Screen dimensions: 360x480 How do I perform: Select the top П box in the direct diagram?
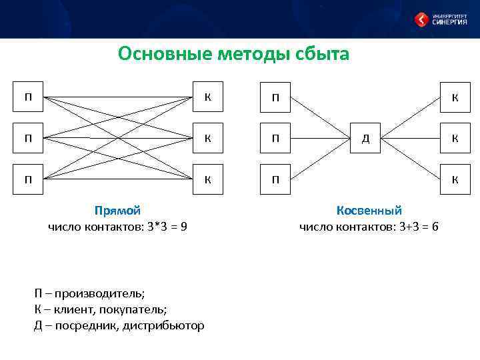point(29,97)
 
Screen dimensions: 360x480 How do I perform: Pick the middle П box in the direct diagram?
point(29,139)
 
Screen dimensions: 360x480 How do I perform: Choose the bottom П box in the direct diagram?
point(29,179)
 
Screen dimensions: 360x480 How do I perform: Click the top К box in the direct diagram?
point(207,97)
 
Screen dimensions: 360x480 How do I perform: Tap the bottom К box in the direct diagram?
point(207,179)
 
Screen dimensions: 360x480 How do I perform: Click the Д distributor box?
point(365,139)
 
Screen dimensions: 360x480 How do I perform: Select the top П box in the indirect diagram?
point(274,97)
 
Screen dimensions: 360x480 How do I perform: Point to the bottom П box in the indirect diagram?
point(274,179)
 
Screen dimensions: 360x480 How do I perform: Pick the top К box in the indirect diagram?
point(455,97)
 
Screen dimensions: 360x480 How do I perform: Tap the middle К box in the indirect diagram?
point(455,139)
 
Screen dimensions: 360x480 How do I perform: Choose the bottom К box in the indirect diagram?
point(455,179)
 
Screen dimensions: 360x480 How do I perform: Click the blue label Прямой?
point(117,211)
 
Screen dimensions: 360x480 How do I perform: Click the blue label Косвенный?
point(369,211)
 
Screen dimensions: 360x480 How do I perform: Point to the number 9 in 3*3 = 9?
point(183,227)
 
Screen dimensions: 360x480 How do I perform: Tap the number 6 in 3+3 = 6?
point(435,227)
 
